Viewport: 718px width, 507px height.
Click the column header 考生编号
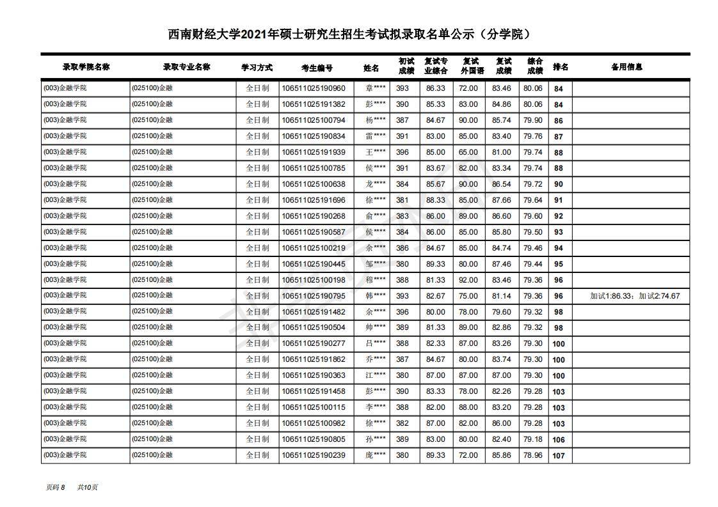317,67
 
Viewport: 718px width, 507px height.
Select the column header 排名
560,67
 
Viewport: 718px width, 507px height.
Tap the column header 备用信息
626,67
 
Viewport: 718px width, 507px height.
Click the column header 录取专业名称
186,67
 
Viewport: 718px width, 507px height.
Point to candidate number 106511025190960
314,88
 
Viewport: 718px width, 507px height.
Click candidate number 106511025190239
314,455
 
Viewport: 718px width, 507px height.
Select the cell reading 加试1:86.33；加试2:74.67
635,296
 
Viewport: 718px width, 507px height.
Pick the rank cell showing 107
559,456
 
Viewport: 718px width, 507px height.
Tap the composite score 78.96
532,455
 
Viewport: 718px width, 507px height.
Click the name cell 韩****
376,296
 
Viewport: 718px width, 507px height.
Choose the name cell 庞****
376,455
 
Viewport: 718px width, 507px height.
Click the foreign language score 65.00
468,152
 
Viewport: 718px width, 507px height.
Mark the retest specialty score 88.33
436,200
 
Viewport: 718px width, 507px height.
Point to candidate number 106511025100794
314,120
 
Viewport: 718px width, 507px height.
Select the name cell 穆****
376,280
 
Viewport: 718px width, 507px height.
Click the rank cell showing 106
559,440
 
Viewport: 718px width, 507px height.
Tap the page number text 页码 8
56,487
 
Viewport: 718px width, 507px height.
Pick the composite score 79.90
532,120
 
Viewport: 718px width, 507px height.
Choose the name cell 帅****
376,328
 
